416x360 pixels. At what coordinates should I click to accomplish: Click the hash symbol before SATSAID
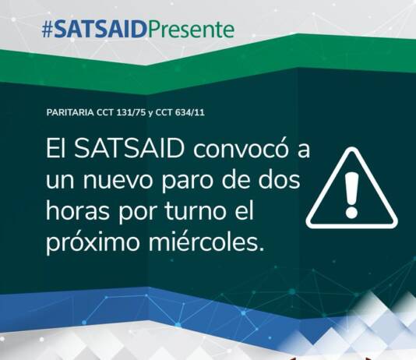click(48, 30)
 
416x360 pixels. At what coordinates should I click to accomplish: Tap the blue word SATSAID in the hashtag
click(100, 29)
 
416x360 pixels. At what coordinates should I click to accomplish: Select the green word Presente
click(191, 29)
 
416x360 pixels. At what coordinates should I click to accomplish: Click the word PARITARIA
click(70, 112)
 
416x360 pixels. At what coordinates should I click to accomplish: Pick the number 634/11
click(190, 112)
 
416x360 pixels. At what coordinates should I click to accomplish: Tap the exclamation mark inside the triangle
click(352, 195)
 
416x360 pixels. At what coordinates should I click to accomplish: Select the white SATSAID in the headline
click(129, 148)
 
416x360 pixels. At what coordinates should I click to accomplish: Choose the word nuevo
click(118, 182)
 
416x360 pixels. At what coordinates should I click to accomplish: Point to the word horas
click(78, 211)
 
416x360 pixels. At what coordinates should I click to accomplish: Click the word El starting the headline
click(55, 148)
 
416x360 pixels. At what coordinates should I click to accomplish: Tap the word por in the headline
click(136, 214)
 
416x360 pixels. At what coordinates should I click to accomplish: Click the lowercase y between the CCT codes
click(150, 113)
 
